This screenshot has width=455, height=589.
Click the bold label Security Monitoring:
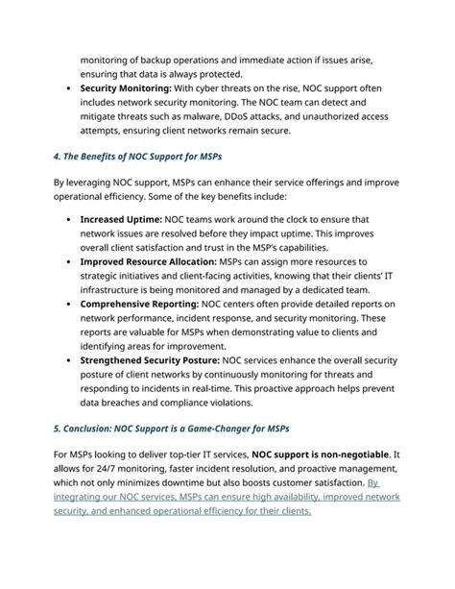click(132, 87)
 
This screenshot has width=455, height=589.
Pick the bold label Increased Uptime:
click(121, 219)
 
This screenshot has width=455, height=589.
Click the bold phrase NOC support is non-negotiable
click(322, 454)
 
